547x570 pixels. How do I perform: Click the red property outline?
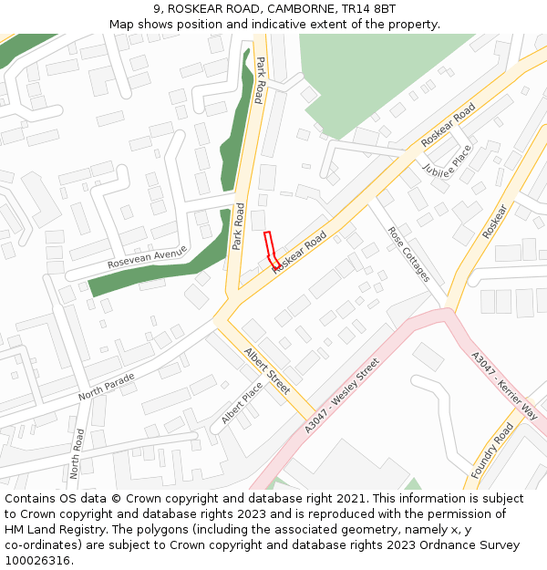pyautogui.click(x=271, y=250)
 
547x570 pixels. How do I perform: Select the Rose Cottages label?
pyautogui.click(x=408, y=254)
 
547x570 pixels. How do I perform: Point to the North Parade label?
pyautogui.click(x=106, y=386)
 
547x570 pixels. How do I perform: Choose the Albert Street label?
pyautogui.click(x=266, y=370)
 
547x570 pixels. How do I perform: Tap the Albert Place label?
pyautogui.click(x=242, y=402)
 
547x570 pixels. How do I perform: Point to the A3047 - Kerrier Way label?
pyautogui.click(x=504, y=385)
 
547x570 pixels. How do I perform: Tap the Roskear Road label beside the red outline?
pyautogui.click(x=299, y=250)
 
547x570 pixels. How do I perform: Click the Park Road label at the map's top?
pyautogui.click(x=260, y=79)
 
